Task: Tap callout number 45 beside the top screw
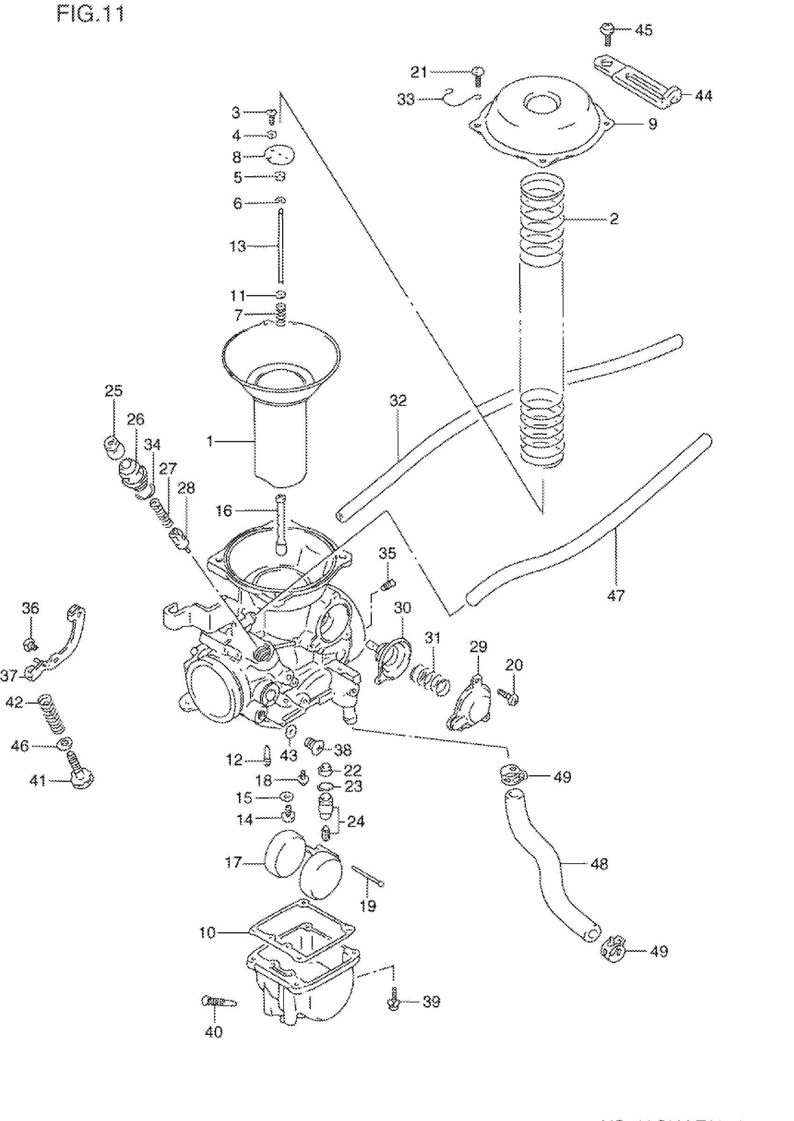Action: point(644,30)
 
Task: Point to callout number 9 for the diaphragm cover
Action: point(652,124)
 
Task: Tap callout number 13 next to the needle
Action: point(238,246)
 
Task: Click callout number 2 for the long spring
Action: point(614,219)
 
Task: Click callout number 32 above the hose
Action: point(398,400)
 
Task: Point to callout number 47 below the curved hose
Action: point(616,596)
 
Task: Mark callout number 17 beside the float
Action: point(234,862)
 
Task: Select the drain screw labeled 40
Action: point(218,1002)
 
